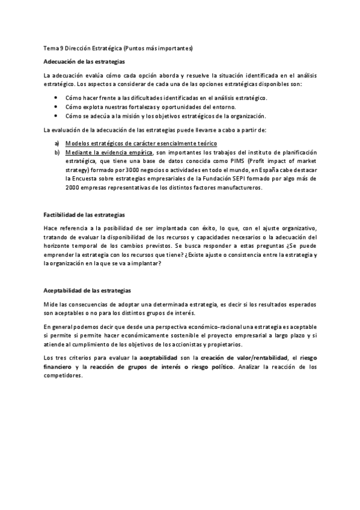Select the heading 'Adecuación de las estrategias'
pos(85,62)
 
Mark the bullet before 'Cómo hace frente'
pos(56,97)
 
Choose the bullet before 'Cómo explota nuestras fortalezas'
pos(56,106)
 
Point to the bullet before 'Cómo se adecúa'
pos(56,115)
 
